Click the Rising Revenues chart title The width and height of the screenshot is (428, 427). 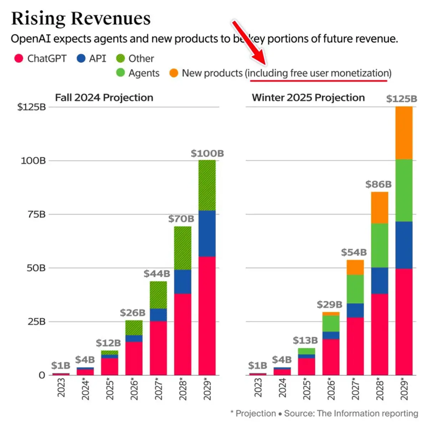click(x=81, y=19)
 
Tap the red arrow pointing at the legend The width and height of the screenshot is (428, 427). click(x=249, y=43)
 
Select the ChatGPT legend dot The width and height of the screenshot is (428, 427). click(x=19, y=58)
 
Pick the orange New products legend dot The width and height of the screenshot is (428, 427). click(x=174, y=73)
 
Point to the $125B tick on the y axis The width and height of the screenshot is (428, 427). click(x=31, y=107)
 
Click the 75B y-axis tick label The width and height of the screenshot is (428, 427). click(x=37, y=214)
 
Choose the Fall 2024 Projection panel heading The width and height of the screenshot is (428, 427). click(x=104, y=98)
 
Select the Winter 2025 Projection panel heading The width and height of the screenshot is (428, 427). click(x=308, y=98)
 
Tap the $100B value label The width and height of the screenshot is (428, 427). click(x=207, y=154)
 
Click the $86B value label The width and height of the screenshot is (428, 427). click(x=378, y=184)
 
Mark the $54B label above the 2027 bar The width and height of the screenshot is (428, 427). click(x=354, y=252)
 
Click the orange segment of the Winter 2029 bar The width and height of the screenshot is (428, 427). click(x=404, y=133)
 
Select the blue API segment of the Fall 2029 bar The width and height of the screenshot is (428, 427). click(x=207, y=233)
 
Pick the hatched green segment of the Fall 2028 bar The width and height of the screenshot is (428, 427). click(x=183, y=248)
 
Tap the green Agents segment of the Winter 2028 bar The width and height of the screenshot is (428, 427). click(x=379, y=245)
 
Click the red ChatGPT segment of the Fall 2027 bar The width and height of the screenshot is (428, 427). click(x=158, y=348)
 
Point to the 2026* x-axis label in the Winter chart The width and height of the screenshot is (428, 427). click(x=331, y=390)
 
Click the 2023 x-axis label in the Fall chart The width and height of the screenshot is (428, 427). click(x=61, y=388)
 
